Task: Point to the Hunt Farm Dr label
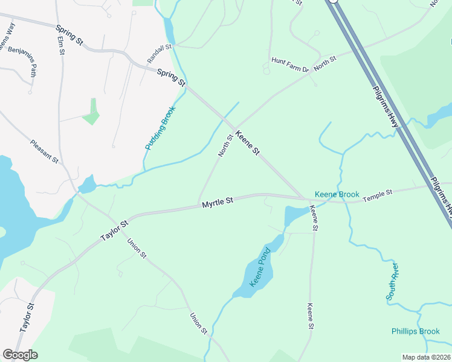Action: [290, 61]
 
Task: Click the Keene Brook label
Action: [337, 195]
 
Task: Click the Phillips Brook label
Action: [416, 331]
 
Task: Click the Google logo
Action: [20, 355]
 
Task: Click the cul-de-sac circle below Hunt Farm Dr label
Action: [266, 71]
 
